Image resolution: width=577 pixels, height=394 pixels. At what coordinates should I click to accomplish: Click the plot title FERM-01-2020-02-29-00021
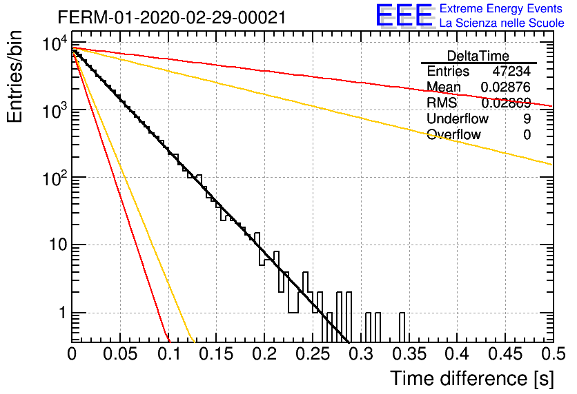click(x=172, y=17)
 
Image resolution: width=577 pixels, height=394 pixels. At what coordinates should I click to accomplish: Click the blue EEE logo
click(x=404, y=15)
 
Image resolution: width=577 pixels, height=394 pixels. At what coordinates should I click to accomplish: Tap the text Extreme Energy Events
click(x=501, y=8)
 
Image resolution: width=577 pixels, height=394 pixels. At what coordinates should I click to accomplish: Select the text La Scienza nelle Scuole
click(x=502, y=23)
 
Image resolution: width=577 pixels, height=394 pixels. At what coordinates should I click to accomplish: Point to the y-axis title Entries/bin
click(x=14, y=76)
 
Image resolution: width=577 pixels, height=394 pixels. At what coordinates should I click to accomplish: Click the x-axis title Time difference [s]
click(x=472, y=379)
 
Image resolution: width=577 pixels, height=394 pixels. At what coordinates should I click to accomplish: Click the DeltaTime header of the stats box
click(x=478, y=56)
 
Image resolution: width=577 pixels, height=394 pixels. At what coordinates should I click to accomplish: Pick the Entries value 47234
click(x=511, y=71)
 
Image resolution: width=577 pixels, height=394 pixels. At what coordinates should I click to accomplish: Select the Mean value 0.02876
click(x=506, y=87)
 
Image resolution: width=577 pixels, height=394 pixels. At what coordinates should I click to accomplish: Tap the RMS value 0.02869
click(x=506, y=103)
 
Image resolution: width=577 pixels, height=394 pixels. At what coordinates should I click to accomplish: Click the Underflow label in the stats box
click(x=458, y=118)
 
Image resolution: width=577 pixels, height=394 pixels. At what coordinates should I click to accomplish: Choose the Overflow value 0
click(x=527, y=135)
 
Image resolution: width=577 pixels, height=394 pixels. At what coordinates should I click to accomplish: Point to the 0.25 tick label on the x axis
click(x=313, y=355)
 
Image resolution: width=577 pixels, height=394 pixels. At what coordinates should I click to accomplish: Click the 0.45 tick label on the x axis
click(x=505, y=355)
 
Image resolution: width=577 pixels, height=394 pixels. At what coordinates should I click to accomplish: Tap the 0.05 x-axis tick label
click(x=120, y=355)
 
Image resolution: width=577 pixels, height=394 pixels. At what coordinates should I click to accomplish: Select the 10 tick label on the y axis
click(x=59, y=245)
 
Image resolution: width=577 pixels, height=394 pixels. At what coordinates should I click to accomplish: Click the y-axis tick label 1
click(x=63, y=313)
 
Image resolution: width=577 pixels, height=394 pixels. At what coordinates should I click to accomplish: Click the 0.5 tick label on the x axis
click(x=553, y=355)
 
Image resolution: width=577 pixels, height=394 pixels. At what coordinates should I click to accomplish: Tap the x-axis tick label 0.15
click(x=216, y=355)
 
